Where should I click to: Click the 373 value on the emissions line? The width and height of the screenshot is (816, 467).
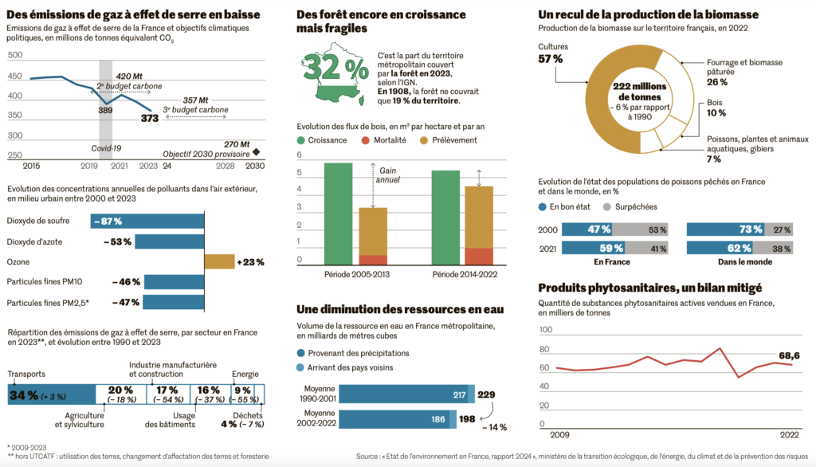pos(149,118)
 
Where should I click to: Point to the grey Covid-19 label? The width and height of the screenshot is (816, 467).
pos(105,148)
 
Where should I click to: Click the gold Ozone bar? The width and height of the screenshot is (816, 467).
pos(218,261)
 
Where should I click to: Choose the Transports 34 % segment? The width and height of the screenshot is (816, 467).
pos(50,394)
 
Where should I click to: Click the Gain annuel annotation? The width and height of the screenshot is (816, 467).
pos(389,175)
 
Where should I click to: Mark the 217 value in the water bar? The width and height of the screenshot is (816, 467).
pos(459,395)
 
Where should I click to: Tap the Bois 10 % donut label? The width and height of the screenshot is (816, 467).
pos(717,108)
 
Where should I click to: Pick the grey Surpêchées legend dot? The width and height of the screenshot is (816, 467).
pos(606,206)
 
